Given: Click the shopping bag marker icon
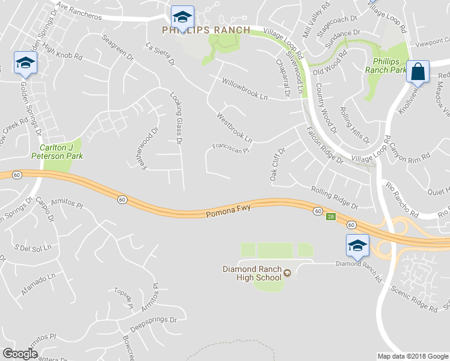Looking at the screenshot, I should tap(418, 72).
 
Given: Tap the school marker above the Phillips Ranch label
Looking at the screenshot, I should tap(181, 16).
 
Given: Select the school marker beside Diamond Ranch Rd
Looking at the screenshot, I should tap(357, 245).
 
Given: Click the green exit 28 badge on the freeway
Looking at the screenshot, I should tap(330, 217).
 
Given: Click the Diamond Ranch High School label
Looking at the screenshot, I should tap(251, 273).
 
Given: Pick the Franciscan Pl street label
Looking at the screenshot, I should tap(230, 147).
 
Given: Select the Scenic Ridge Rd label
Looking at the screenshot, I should tap(413, 298).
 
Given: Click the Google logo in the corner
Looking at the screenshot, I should tap(20, 354).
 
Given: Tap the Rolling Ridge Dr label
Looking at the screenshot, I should tap(334, 198).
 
